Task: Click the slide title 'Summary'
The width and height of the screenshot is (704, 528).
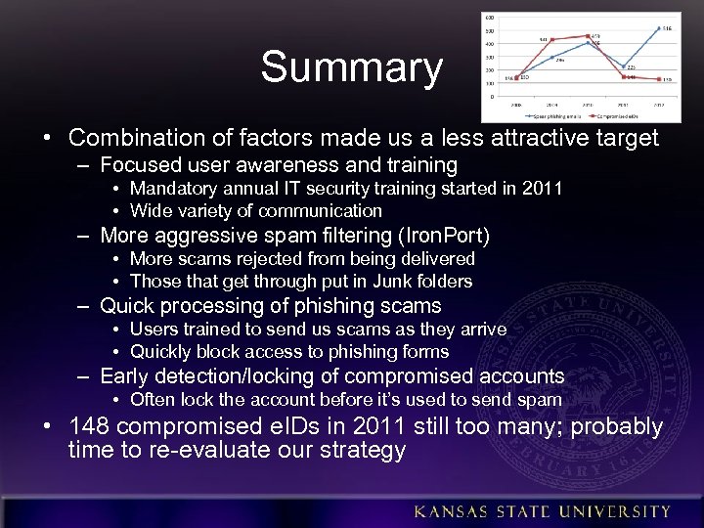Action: [x=351, y=67]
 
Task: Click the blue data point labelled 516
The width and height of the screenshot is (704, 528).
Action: [x=658, y=27]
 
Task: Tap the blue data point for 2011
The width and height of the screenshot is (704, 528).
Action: [x=623, y=66]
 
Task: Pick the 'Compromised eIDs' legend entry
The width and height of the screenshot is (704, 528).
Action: [x=632, y=115]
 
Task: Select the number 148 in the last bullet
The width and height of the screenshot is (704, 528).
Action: [x=94, y=427]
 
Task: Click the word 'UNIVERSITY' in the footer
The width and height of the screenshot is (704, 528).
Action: [x=622, y=511]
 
